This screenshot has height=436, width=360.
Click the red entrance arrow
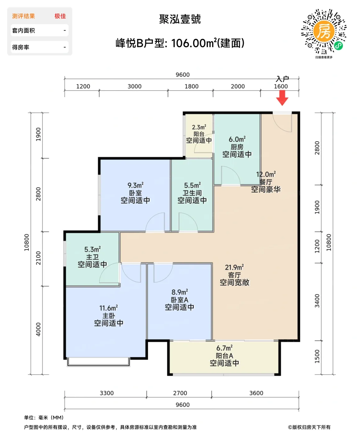click(282, 97)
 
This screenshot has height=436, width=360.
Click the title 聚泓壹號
click(180, 19)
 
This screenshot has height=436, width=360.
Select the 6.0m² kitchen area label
click(237, 139)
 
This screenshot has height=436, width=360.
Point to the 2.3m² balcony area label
click(199, 127)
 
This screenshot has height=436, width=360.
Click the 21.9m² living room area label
click(234, 268)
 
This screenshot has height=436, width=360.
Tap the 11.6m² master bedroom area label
click(109, 308)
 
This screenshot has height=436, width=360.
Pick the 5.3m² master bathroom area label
click(92, 249)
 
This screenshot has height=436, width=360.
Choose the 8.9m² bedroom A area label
click(180, 292)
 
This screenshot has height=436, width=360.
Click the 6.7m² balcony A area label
click(224, 348)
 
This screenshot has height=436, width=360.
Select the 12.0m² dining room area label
click(266, 174)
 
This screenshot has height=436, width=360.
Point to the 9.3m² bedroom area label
click(135, 185)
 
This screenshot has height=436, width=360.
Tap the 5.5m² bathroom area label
click(192, 185)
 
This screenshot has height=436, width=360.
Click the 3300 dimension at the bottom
click(107, 393)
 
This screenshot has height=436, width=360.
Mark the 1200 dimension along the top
click(83, 86)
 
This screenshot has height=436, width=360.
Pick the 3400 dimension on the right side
click(317, 301)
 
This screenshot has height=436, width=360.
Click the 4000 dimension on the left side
click(38, 329)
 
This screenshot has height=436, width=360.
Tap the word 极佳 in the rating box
click(60, 16)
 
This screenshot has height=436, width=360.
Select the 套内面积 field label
click(23, 31)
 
